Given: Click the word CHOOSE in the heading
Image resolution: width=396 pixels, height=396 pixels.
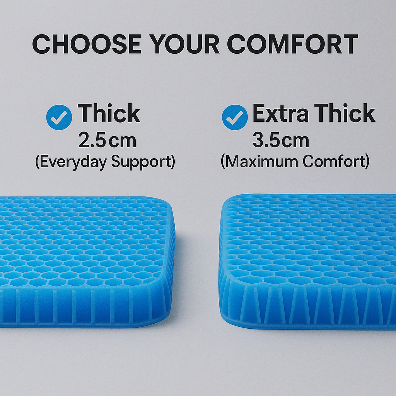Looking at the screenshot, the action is coord(86,44).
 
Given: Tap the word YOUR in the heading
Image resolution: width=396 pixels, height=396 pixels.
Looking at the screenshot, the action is coord(184,44).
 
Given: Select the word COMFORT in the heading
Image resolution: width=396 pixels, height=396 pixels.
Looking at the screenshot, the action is coord(292,44).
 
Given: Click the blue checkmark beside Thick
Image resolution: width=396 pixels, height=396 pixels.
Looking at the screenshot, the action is coord(59,118).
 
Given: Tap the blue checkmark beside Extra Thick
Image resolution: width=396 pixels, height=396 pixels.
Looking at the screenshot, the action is coord(235,118).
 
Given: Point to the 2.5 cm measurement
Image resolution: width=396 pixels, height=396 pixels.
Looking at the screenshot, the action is coord(108,140).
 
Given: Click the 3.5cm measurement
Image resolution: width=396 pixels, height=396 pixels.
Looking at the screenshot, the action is coord(281,140).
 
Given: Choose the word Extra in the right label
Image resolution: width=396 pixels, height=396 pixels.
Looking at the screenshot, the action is coord(280,113).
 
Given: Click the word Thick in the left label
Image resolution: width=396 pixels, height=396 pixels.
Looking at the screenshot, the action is coord(109,113).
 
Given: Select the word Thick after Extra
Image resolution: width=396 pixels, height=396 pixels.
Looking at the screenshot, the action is coord(345,113).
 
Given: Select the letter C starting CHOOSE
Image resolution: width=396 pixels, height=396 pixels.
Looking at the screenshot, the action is coord(41,44).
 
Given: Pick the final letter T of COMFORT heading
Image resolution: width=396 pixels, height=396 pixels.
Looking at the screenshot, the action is coord(349,44).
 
